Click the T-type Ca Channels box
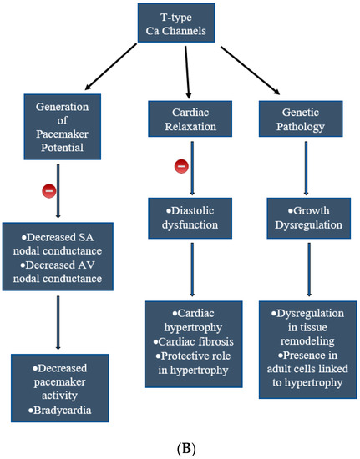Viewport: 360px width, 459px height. click(x=180, y=27)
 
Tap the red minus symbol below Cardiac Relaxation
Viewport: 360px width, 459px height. click(x=180, y=166)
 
